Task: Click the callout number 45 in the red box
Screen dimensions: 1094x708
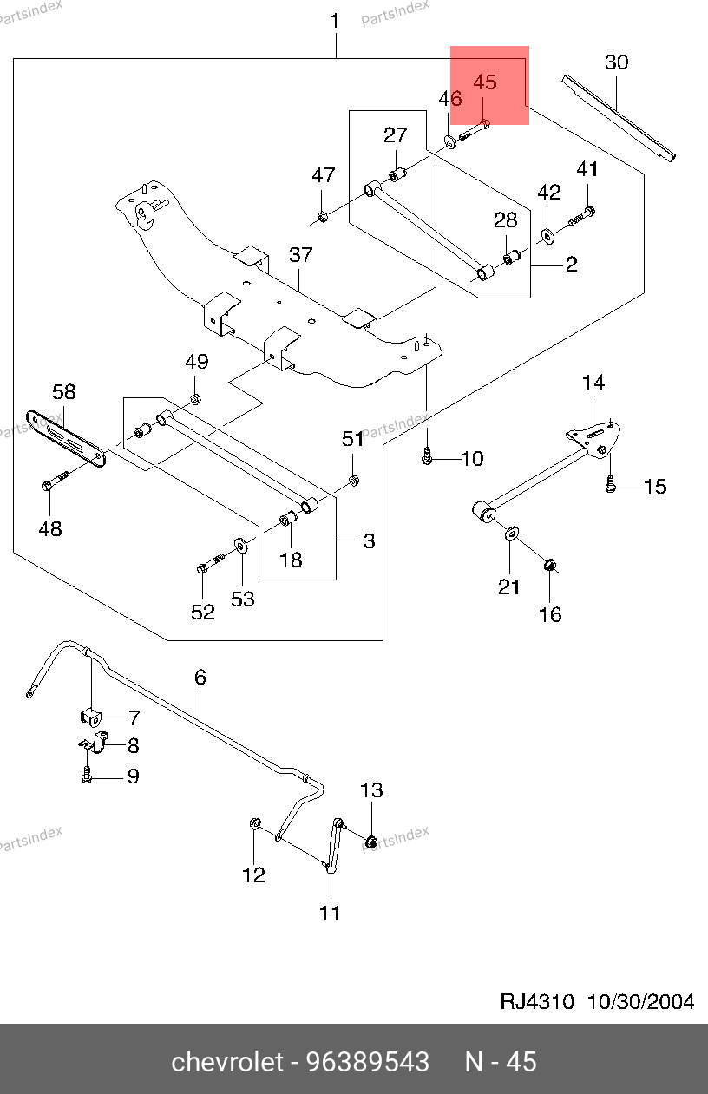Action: pyautogui.click(x=485, y=83)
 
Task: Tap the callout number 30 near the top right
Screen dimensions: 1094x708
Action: pyautogui.click(x=616, y=62)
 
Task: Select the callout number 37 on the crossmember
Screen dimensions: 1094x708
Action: pyautogui.click(x=300, y=255)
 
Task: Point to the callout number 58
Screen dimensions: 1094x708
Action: pyautogui.click(x=63, y=392)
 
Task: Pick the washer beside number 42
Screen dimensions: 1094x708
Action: pyautogui.click(x=548, y=233)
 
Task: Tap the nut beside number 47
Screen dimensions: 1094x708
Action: pyautogui.click(x=321, y=215)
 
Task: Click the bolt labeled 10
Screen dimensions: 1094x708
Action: pyautogui.click(x=426, y=456)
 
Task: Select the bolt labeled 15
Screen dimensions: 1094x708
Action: pyautogui.click(x=611, y=486)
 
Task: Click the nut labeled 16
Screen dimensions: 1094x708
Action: pyautogui.click(x=549, y=567)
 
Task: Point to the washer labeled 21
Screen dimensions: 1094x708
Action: pyautogui.click(x=512, y=532)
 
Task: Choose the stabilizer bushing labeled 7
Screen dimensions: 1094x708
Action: pyautogui.click(x=91, y=717)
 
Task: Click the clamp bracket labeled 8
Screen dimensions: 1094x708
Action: pyautogui.click(x=95, y=743)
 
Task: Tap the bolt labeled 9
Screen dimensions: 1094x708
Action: pyautogui.click(x=88, y=775)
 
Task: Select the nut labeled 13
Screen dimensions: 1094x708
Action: pyautogui.click(x=370, y=840)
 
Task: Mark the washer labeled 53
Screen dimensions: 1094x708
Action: pyautogui.click(x=239, y=546)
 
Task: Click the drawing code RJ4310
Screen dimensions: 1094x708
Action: pyautogui.click(x=537, y=1001)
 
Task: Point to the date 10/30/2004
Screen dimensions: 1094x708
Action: pyautogui.click(x=641, y=1001)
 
